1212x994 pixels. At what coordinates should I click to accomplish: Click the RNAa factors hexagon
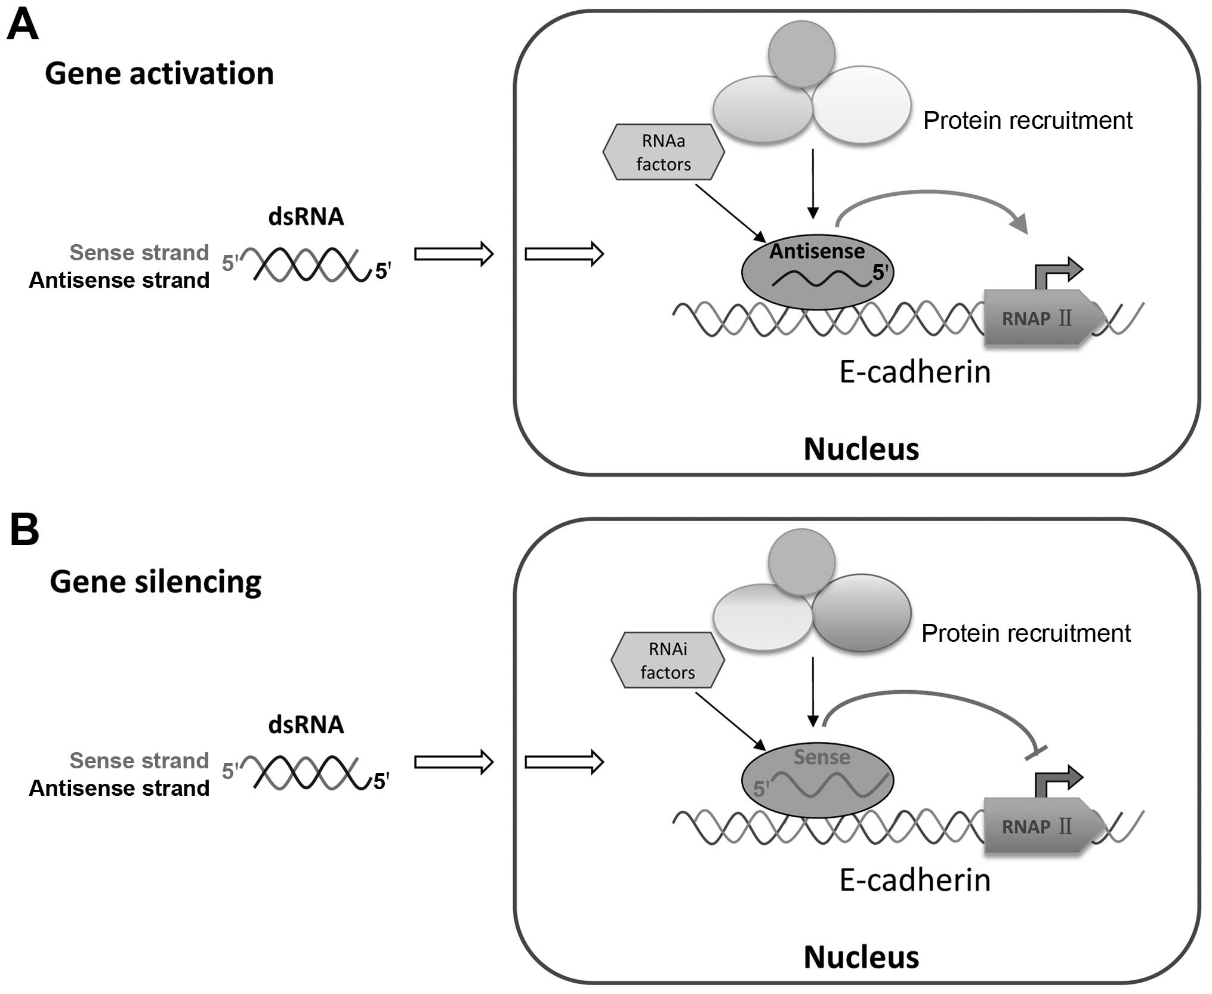(664, 152)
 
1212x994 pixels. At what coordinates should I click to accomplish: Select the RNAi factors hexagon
(668, 660)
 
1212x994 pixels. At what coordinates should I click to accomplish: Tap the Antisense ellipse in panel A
(817, 272)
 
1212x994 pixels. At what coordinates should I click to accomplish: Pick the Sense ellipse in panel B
(817, 780)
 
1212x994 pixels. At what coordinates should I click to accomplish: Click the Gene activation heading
(159, 74)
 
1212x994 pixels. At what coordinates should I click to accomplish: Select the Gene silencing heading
(156, 582)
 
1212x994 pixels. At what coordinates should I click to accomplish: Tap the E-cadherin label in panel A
(915, 372)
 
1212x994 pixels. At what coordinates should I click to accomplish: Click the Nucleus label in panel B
(861, 957)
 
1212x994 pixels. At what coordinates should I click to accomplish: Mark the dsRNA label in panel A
(306, 217)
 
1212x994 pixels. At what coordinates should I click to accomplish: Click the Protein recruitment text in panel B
(1026, 633)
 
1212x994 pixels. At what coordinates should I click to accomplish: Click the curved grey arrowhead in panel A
(1019, 224)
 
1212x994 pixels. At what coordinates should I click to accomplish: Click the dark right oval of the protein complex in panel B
(862, 613)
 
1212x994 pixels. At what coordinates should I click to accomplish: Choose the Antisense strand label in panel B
(119, 788)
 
